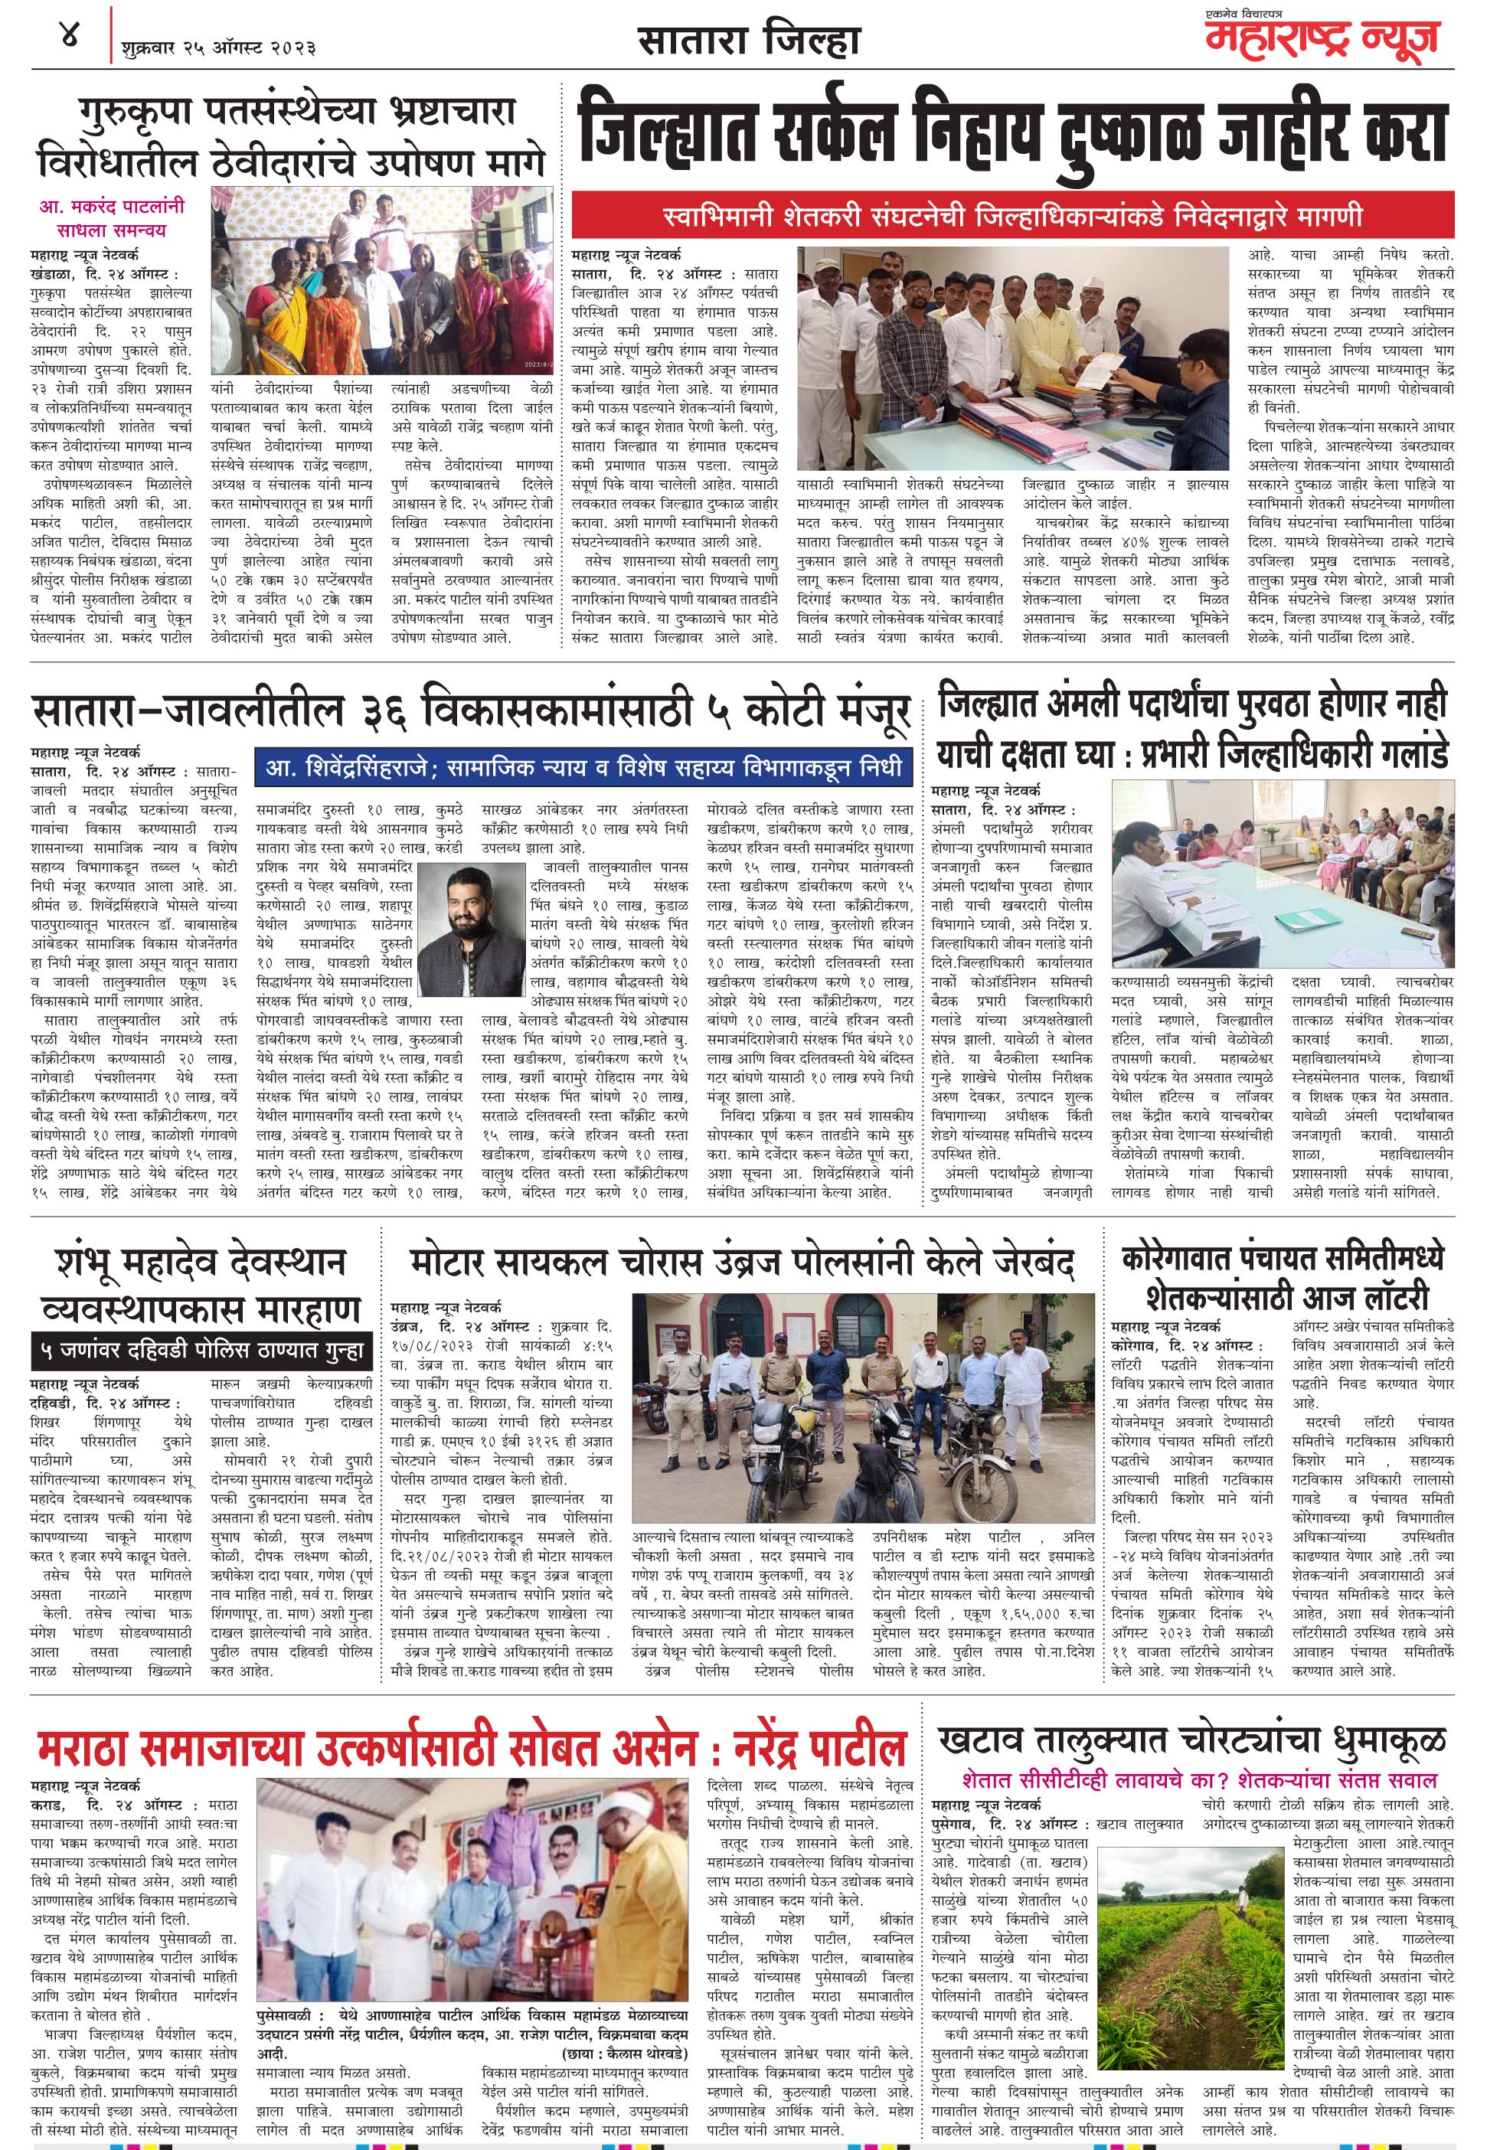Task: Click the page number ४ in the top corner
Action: point(68,38)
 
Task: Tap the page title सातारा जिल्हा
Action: point(748,42)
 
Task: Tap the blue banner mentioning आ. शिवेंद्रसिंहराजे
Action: point(583,768)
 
